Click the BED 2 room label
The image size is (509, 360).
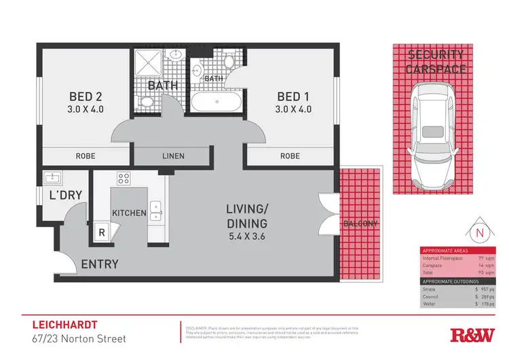(x=84, y=96)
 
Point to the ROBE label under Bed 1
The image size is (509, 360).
(x=290, y=156)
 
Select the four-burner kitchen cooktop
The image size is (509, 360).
(x=124, y=179)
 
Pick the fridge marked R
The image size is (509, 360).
(x=102, y=232)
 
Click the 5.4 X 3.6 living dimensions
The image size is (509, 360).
(x=246, y=238)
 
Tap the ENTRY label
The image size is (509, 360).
(x=100, y=264)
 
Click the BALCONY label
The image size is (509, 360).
(x=361, y=223)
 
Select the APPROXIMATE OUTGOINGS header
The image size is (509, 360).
(x=451, y=281)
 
